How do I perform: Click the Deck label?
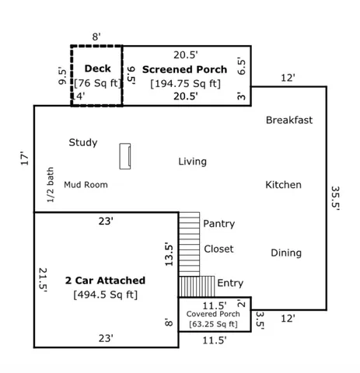(97, 68)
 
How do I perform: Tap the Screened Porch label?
(184, 69)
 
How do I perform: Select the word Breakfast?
(289, 120)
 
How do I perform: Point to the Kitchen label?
(283, 185)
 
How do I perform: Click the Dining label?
(286, 253)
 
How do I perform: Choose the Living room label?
(192, 162)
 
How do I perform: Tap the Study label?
(82, 142)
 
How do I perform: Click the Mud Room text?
(86, 185)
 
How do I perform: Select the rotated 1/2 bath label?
(51, 185)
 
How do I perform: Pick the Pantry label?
(218, 224)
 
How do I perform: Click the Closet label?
(218, 249)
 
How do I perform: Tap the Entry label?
(230, 283)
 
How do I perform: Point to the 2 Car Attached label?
(105, 280)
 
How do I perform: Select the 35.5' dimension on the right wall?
(335, 204)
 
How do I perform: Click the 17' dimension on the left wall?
(24, 159)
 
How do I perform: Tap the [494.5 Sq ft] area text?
(105, 295)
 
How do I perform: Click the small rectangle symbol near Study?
(124, 155)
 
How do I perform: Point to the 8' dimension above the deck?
(96, 37)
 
